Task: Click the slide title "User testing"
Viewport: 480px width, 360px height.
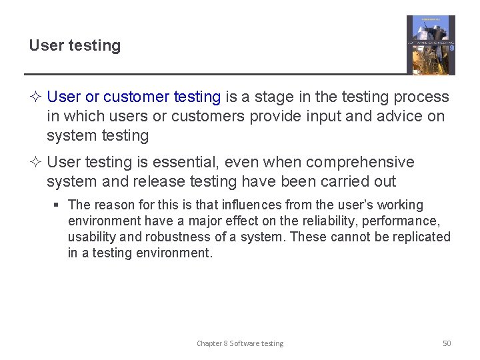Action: coord(75,46)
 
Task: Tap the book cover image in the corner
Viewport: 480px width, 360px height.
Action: coord(431,45)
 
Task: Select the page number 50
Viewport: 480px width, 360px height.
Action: coord(447,343)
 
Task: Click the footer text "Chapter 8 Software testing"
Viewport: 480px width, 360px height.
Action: coord(240,343)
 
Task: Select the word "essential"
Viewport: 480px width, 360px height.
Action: coord(194,163)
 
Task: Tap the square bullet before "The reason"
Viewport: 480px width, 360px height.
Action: coord(58,205)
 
